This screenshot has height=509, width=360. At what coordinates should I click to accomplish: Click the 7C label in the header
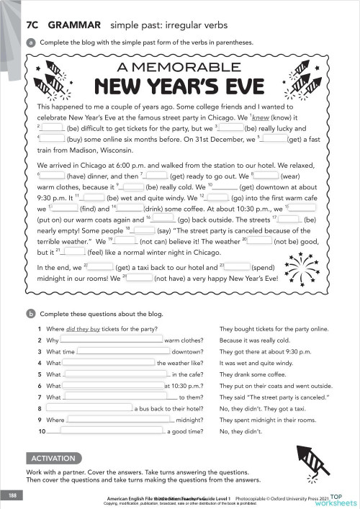(x=33, y=24)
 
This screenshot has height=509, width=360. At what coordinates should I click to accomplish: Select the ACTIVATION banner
(x=53, y=458)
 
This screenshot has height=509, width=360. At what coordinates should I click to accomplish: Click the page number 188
(x=12, y=497)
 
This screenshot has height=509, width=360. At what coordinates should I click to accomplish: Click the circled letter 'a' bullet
(x=32, y=42)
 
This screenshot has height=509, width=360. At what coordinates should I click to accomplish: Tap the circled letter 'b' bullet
(x=32, y=314)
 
